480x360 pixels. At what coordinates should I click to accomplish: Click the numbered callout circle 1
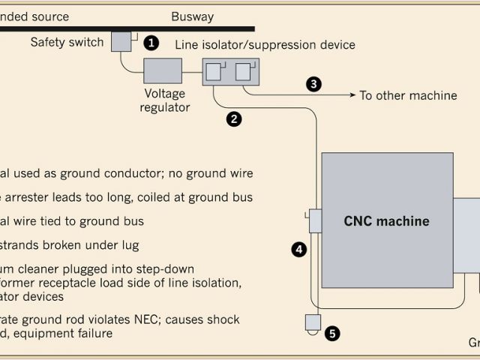151,42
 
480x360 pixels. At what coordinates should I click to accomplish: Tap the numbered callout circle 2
234,118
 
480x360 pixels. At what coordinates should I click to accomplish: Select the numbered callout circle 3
313,84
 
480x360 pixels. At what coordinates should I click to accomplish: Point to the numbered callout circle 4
299,250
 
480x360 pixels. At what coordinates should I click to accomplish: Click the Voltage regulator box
162,72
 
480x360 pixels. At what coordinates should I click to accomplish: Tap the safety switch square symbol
121,42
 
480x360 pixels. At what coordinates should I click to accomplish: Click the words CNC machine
386,221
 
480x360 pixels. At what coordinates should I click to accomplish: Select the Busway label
192,16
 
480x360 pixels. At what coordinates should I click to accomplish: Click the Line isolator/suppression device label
265,45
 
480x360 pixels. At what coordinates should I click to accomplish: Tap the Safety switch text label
67,42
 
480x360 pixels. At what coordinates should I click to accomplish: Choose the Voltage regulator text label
166,100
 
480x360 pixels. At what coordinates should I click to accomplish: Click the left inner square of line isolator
214,72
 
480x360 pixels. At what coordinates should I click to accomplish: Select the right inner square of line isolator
244,72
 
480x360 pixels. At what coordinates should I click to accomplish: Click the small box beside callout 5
312,323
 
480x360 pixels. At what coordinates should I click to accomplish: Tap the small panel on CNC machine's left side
314,221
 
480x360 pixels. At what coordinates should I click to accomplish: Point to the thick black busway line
112,28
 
